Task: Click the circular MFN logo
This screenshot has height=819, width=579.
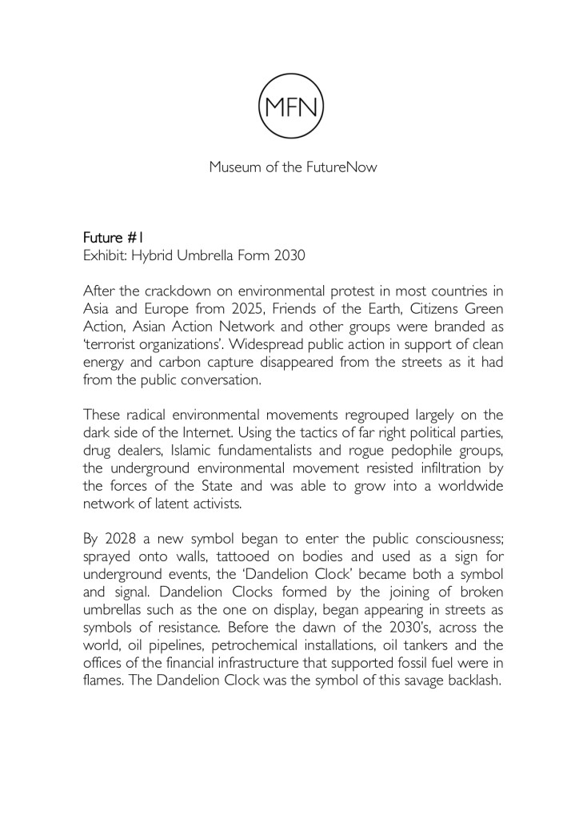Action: click(x=289, y=105)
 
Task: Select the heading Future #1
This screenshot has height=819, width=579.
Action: click(x=112, y=238)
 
